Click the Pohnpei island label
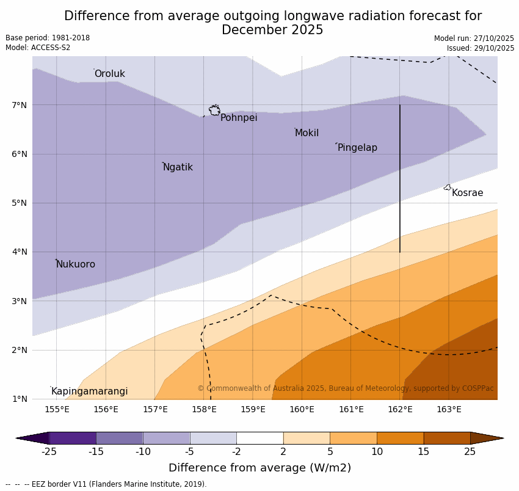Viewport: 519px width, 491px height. (x=239, y=118)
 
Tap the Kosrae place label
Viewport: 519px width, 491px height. (x=467, y=193)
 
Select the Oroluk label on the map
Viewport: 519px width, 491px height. (x=109, y=74)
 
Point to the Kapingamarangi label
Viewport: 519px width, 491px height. (x=89, y=391)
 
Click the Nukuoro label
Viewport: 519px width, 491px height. (x=76, y=264)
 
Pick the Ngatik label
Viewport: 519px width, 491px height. (x=178, y=167)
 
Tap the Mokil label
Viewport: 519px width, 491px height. (x=307, y=133)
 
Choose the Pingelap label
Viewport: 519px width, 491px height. (x=357, y=148)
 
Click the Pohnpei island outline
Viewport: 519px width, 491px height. (x=214, y=111)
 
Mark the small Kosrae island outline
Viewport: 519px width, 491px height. (x=448, y=187)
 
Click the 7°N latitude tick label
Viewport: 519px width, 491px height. (x=20, y=105)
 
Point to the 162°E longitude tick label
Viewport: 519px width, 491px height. (x=400, y=409)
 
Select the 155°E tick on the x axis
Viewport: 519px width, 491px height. (x=57, y=409)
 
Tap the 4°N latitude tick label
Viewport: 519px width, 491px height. (x=20, y=252)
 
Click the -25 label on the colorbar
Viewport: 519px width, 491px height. (x=49, y=452)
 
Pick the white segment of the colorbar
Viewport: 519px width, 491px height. (x=259, y=438)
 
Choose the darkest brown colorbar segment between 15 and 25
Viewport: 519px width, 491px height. (x=447, y=438)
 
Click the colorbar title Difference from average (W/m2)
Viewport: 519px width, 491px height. (x=259, y=468)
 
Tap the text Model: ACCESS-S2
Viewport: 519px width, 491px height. (x=38, y=48)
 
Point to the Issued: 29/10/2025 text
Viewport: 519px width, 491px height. (x=480, y=48)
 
